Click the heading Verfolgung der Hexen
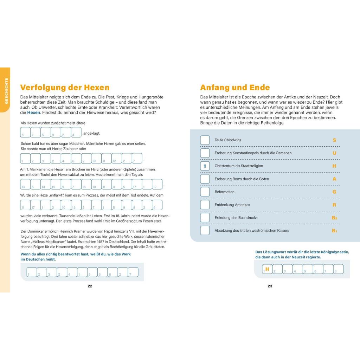coord(65,88)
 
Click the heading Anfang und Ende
coord(235,88)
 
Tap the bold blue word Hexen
coord(34,112)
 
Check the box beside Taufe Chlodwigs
coord(205,140)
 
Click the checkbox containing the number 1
coord(205,166)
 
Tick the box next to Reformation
coord(205,192)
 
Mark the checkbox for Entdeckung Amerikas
coord(205,205)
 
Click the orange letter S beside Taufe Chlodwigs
coord(334,140)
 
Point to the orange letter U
coord(334,153)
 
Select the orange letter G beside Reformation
coord(334,192)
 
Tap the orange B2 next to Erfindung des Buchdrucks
coord(334,218)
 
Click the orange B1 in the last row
coord(334,231)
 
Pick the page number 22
coord(90,286)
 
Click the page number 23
coord(270,286)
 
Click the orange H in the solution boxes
coord(267,269)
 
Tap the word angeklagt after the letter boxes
coord(92,133)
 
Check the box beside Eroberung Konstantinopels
coord(205,153)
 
